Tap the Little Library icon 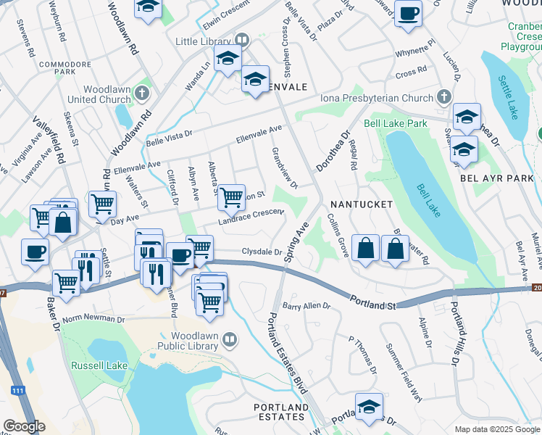pyautogui.click(x=243, y=41)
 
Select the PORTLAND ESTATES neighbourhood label pyautogui.click(x=280, y=412)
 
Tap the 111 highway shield pyautogui.click(x=14, y=391)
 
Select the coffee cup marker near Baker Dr pyautogui.click(x=35, y=252)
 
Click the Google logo pyautogui.click(x=25, y=426)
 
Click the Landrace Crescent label pyautogui.click(x=251, y=217)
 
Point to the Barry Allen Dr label pyautogui.click(x=306, y=307)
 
